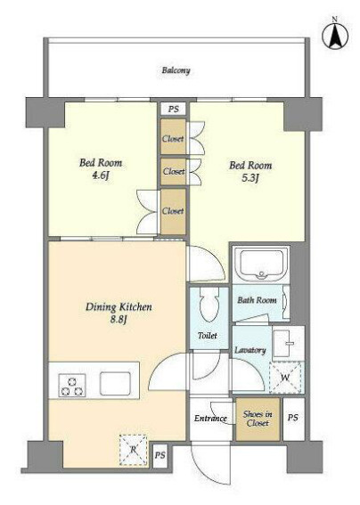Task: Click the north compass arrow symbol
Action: click(x=335, y=36)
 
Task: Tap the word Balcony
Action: click(x=176, y=70)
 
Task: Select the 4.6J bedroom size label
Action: click(x=100, y=175)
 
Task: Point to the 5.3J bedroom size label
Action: click(x=250, y=178)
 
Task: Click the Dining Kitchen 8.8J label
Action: click(x=119, y=313)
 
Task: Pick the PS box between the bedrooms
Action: click(x=174, y=109)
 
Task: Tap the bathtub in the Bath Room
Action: click(x=261, y=265)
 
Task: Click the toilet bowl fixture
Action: click(x=209, y=305)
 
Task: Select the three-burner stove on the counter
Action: click(x=72, y=385)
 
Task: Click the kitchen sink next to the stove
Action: click(x=115, y=384)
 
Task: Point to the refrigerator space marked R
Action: click(x=134, y=450)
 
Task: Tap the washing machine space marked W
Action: click(x=285, y=378)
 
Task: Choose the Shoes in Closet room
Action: click(x=258, y=419)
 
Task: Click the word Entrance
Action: click(x=210, y=418)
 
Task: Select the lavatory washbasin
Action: click(x=287, y=343)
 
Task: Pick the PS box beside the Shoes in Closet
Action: click(x=293, y=419)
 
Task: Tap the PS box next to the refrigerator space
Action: click(x=160, y=455)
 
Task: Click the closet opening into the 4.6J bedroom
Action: click(x=174, y=211)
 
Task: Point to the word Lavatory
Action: click(x=250, y=350)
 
